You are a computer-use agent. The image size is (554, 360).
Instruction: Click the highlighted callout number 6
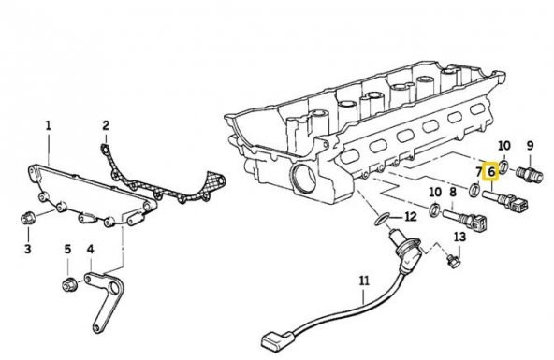click(x=491, y=172)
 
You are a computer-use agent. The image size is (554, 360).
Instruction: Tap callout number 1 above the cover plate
click(x=48, y=125)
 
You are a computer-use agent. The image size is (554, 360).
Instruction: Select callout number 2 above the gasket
click(x=106, y=125)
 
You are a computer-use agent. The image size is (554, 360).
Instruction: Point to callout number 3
click(x=27, y=249)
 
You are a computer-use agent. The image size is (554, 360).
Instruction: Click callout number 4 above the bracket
click(x=91, y=249)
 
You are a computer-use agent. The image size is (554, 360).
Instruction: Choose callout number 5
click(x=67, y=249)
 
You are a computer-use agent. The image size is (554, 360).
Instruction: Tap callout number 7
click(x=479, y=172)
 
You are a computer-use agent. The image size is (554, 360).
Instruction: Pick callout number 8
click(x=453, y=193)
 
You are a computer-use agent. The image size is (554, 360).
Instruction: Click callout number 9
click(x=530, y=146)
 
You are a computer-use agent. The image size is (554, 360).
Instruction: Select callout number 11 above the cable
click(x=364, y=281)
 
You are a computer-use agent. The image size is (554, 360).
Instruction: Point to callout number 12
click(x=411, y=216)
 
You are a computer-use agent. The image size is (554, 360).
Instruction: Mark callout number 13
click(x=459, y=237)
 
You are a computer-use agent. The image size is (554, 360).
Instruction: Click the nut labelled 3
click(x=27, y=219)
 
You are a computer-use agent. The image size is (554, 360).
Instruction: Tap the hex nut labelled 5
click(x=67, y=284)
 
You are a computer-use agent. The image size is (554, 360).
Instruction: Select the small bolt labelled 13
click(x=452, y=262)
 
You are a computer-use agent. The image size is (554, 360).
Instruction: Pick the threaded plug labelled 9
click(x=529, y=174)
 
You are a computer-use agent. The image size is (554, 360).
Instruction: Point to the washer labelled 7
click(x=474, y=190)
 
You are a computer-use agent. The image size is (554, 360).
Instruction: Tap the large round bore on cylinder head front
click(x=305, y=179)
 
